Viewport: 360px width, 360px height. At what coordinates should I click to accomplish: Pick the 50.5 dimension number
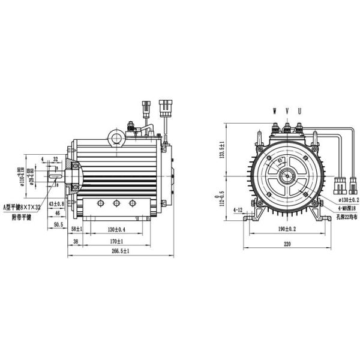[58, 224]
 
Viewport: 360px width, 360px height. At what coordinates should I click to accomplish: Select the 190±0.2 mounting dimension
[287, 230]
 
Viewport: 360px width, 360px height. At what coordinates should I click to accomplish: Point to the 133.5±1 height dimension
[222, 149]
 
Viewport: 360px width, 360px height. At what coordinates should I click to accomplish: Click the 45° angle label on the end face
[281, 161]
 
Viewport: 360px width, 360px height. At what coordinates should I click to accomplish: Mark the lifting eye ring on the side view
[115, 139]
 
